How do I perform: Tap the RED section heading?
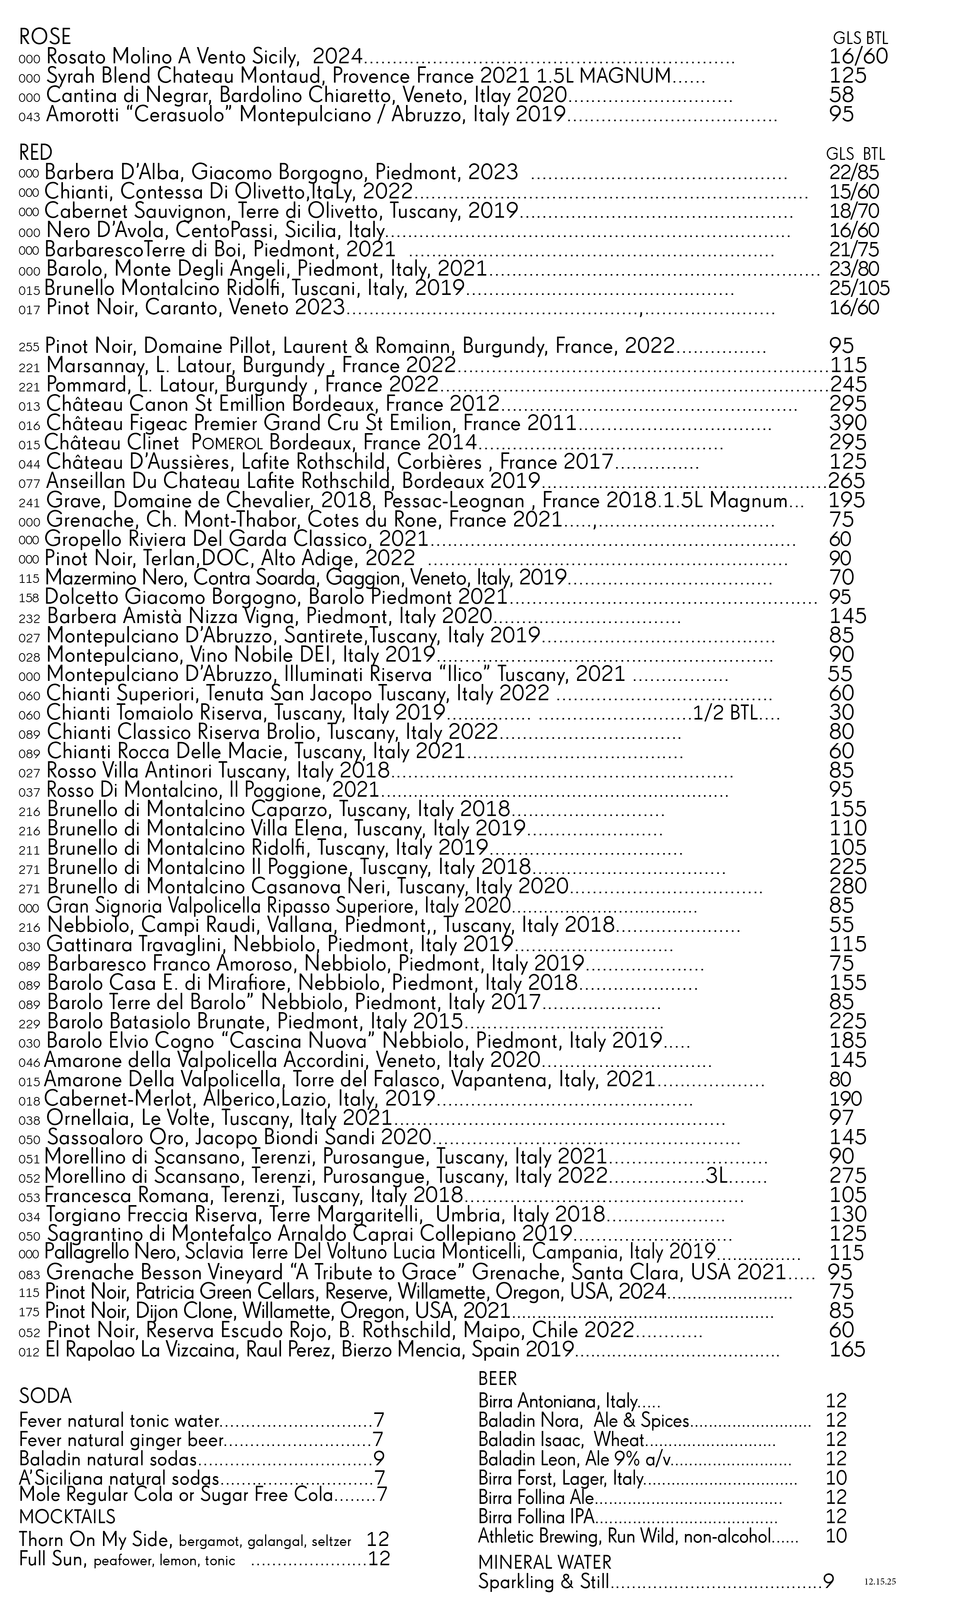pyautogui.click(x=36, y=152)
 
